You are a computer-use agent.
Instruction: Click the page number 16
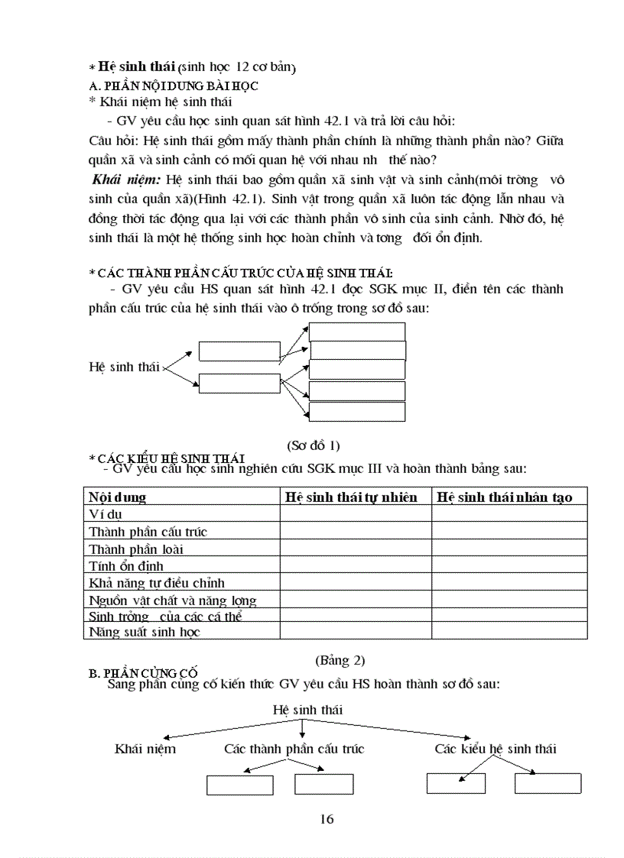(x=327, y=819)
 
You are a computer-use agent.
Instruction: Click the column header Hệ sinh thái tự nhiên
(x=351, y=497)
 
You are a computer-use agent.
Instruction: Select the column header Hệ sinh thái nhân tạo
(x=504, y=497)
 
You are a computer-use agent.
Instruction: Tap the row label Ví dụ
(x=106, y=515)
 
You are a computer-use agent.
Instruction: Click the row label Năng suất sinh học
(x=145, y=632)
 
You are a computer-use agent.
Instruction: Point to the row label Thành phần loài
(x=135, y=549)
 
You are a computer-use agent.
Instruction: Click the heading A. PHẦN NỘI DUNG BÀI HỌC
(x=174, y=86)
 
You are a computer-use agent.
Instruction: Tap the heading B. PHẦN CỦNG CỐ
(x=143, y=673)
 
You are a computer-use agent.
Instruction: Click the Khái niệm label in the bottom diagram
(x=145, y=749)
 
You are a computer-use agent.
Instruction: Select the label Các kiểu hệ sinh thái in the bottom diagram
(x=495, y=749)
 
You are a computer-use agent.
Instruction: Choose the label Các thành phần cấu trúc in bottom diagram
(x=294, y=749)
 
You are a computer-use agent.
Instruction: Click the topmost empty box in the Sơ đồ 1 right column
(x=357, y=332)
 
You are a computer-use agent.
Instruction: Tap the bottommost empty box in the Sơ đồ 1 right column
(x=357, y=412)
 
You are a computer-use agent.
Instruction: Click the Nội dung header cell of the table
(x=117, y=497)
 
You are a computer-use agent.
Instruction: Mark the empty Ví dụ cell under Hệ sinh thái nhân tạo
(x=509, y=515)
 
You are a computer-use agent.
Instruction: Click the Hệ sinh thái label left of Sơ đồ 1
(x=124, y=367)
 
